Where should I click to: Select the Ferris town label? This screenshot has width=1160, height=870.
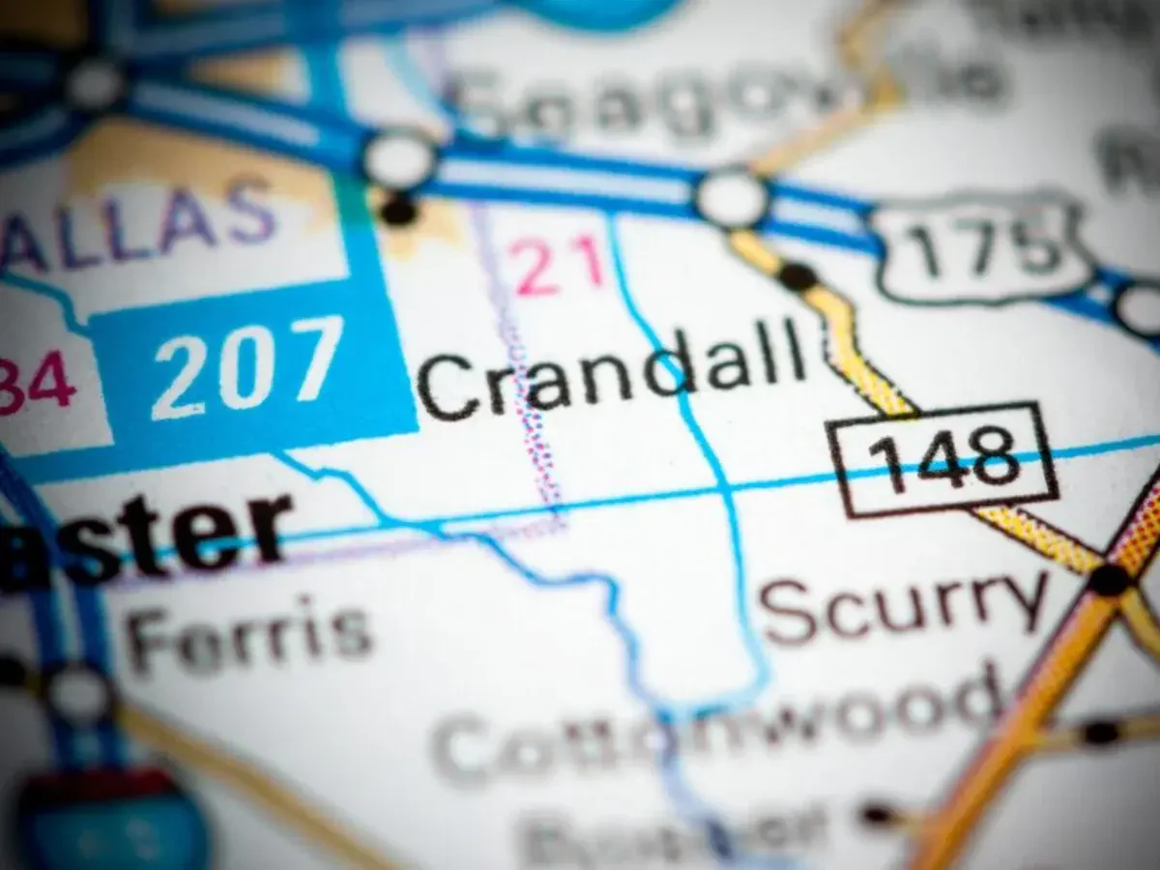(249, 633)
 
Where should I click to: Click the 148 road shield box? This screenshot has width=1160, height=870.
(942, 458)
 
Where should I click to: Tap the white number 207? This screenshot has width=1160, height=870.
(248, 366)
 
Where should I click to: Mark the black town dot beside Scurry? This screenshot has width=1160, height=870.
(1109, 579)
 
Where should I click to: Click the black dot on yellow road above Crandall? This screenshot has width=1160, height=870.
(797, 276)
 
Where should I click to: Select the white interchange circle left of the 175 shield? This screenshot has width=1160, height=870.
(732, 197)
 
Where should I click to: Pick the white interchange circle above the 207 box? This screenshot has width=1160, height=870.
(399, 158)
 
